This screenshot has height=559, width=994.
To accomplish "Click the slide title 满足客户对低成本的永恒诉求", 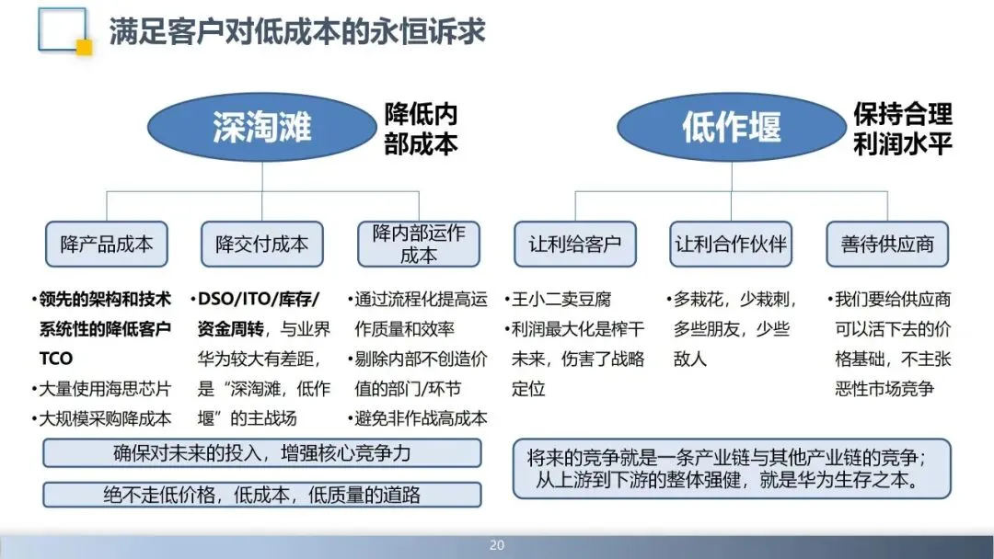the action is click(297, 32).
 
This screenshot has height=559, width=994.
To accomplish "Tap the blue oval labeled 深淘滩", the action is click(261, 127).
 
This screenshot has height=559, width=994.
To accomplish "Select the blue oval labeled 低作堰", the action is click(731, 127).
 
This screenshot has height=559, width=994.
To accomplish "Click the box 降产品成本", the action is click(107, 244).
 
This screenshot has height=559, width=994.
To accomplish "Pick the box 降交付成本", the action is click(262, 244).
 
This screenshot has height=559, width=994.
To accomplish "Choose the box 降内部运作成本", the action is click(419, 244).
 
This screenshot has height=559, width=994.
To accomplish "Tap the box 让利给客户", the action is click(575, 244).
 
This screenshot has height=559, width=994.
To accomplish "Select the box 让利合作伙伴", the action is click(732, 244).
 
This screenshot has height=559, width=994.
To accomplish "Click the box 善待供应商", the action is click(887, 244).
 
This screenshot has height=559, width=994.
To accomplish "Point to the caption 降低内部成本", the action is click(421, 129).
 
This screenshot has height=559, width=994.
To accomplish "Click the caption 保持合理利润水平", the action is click(902, 129).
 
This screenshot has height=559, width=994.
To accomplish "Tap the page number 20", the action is click(497, 545).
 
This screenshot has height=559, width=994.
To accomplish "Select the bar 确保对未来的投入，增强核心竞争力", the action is click(261, 453).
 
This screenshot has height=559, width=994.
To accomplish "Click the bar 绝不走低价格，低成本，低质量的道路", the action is click(261, 494).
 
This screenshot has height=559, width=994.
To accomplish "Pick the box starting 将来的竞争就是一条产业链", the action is click(732, 469).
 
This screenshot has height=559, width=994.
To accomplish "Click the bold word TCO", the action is click(56, 359).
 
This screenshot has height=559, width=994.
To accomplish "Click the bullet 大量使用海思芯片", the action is click(103, 389).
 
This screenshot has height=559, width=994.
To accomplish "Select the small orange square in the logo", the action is click(84, 48).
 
